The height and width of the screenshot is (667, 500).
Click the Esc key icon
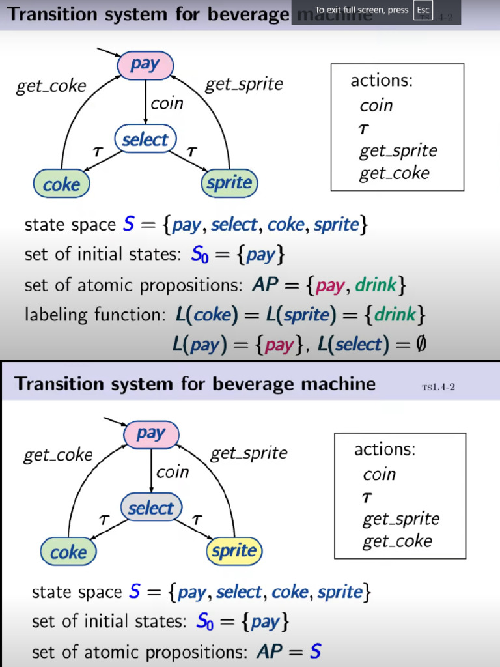(x=423, y=10)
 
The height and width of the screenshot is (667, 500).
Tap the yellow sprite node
(x=234, y=551)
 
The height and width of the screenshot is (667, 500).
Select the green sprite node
(x=229, y=183)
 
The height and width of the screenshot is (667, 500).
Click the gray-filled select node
(x=151, y=508)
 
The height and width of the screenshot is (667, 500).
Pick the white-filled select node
(x=145, y=139)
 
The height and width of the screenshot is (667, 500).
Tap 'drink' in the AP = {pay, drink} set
(x=375, y=285)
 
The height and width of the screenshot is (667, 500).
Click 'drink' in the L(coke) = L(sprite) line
(x=395, y=315)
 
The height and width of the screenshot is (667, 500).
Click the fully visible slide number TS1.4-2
(x=438, y=387)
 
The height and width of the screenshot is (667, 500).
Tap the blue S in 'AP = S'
(x=315, y=651)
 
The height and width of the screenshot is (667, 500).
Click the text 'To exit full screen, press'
(x=361, y=10)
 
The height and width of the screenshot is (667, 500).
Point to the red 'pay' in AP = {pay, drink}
(x=329, y=285)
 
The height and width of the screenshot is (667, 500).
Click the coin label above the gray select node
(x=173, y=472)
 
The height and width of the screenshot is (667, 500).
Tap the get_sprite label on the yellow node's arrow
(x=249, y=453)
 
